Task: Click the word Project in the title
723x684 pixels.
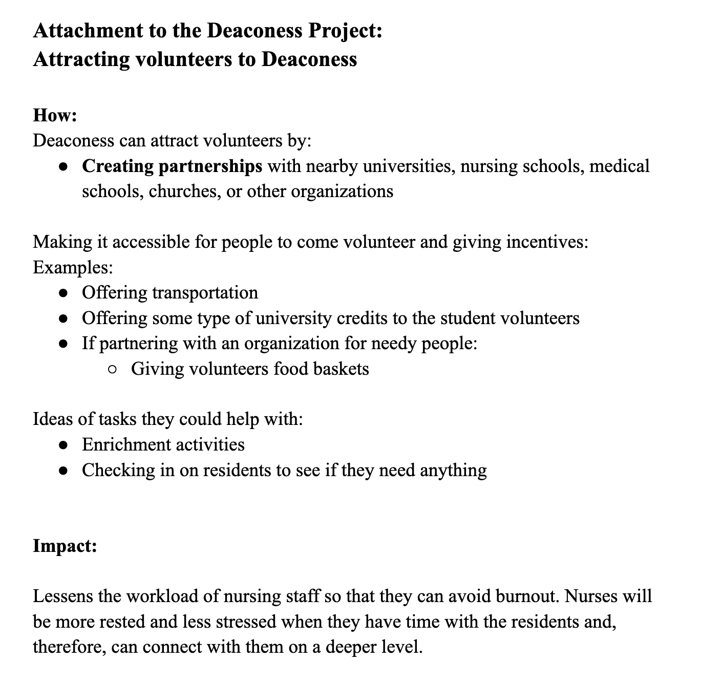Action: click(x=345, y=31)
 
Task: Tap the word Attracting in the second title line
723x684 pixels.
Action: click(x=81, y=59)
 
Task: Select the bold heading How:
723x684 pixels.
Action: click(x=55, y=115)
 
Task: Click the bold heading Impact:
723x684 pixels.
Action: click(x=65, y=546)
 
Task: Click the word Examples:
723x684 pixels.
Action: click(x=73, y=267)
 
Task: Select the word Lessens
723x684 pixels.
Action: click(x=63, y=596)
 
